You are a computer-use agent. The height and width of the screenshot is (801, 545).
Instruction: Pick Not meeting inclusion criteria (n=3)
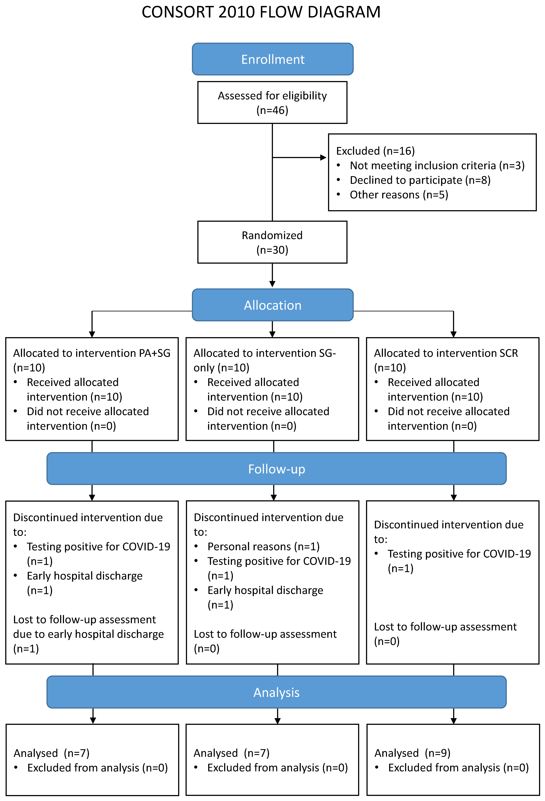click(x=437, y=165)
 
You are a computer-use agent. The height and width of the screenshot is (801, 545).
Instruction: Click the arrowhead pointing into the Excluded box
click(x=323, y=157)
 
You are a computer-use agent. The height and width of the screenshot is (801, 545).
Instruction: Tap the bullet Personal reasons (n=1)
click(x=263, y=546)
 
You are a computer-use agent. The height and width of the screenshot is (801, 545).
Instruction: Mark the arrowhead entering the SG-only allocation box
click(x=272, y=334)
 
